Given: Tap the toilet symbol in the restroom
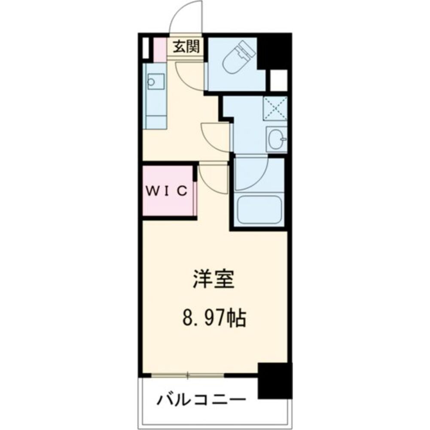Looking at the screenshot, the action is (x=238, y=58).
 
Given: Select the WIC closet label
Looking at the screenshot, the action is (x=167, y=190).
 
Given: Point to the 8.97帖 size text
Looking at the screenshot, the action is (x=214, y=318).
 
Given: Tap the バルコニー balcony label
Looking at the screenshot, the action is (x=201, y=400).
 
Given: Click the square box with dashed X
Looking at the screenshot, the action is (x=275, y=108).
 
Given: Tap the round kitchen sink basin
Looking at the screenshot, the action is (x=151, y=82).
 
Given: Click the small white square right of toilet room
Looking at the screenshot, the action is (x=279, y=80).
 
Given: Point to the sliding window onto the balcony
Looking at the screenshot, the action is (x=187, y=375).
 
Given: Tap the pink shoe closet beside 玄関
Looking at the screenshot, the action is (x=160, y=50).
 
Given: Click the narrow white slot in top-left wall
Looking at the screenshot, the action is (x=146, y=48).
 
